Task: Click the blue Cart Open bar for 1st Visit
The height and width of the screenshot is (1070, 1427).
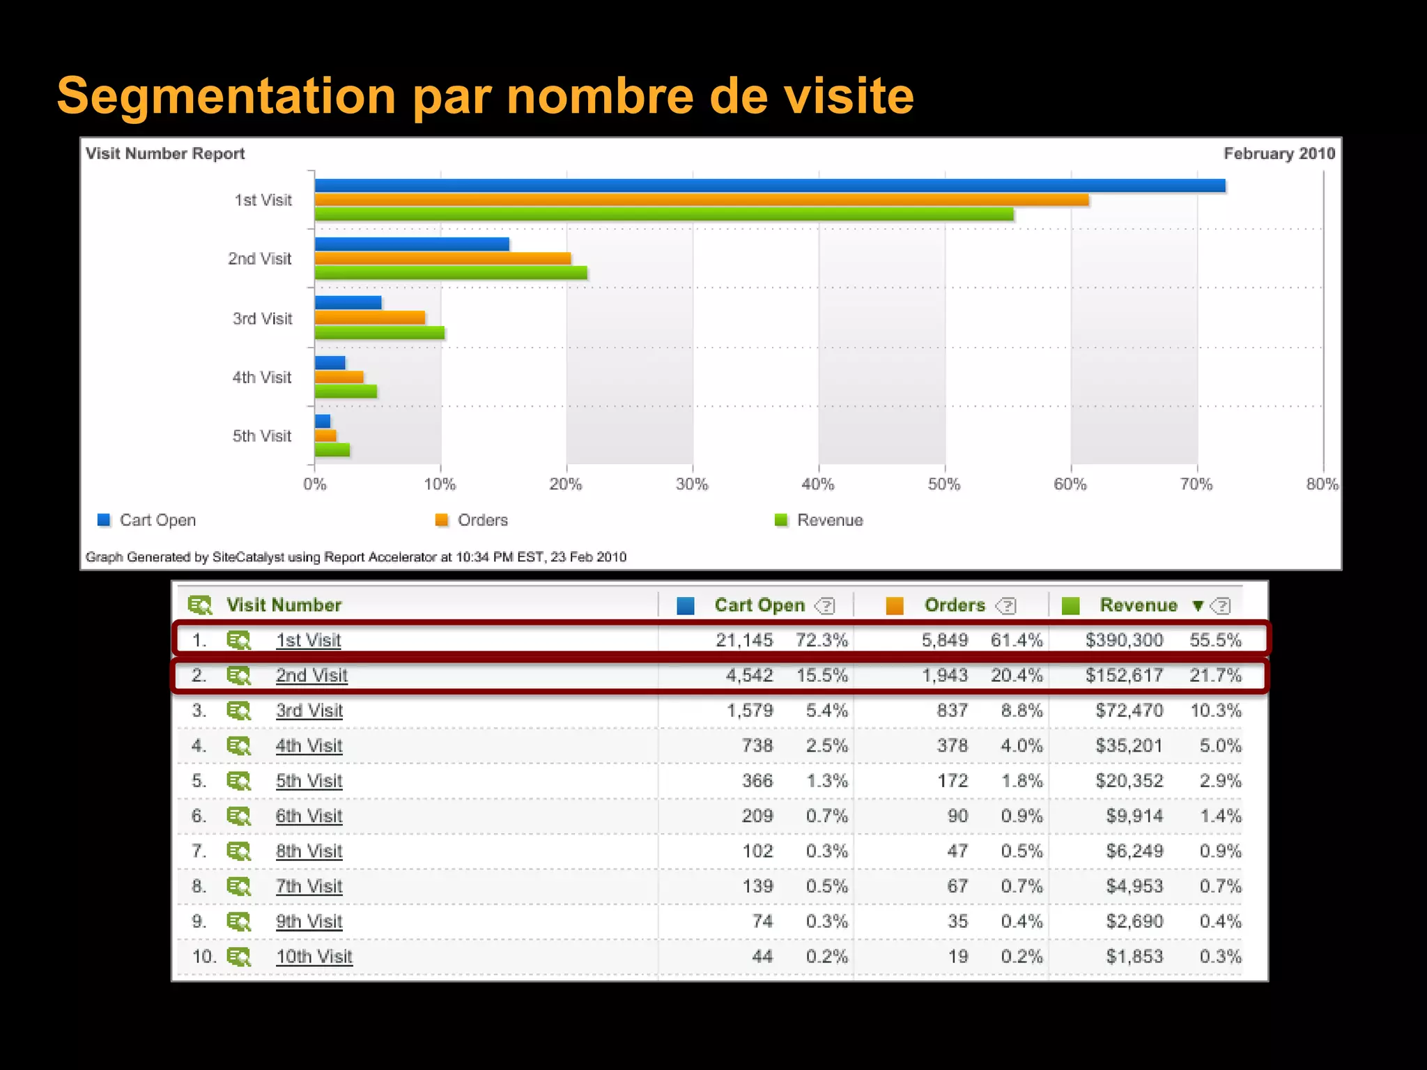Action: coord(769,185)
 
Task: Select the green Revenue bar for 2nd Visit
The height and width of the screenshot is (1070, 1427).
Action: coord(450,272)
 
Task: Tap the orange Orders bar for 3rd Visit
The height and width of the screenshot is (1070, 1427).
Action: coord(369,318)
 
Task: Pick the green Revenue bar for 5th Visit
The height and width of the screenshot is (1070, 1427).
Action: coord(332,450)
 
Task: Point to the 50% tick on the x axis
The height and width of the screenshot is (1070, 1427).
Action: coord(944,484)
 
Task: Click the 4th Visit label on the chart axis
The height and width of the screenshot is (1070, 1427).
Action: coord(261,378)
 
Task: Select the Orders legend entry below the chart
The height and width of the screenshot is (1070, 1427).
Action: coord(482,520)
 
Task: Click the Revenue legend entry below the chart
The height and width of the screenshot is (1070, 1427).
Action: coord(829,520)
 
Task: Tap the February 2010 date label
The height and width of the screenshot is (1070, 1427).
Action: coord(1279,153)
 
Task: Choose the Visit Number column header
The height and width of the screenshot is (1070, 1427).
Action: coord(284,605)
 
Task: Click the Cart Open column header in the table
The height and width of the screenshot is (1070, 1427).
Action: coord(759,605)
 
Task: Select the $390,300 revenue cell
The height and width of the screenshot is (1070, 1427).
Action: coord(1123,640)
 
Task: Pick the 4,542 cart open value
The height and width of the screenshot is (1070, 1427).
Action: coord(749,675)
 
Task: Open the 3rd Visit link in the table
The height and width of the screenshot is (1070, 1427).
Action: coord(309,711)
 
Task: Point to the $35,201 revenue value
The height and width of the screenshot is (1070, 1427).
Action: coord(1128,745)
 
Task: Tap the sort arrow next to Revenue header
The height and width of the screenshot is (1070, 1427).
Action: coord(1198,605)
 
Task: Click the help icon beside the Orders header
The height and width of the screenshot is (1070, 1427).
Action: coord(1007,606)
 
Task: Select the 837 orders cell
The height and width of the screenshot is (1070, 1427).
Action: coord(952,711)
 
